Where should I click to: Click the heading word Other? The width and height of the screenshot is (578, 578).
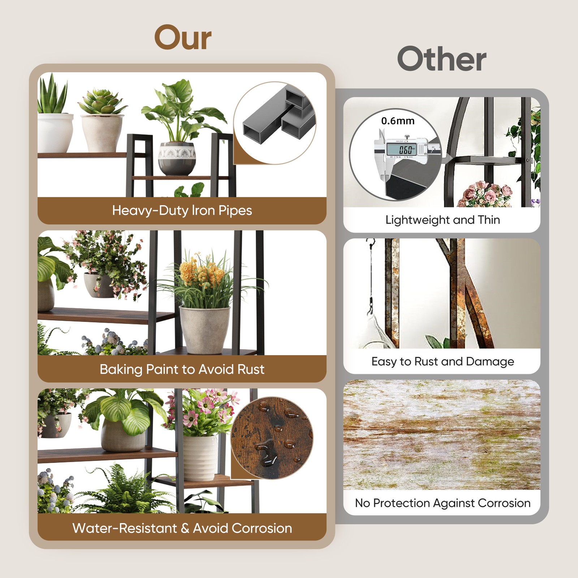click(x=441, y=59)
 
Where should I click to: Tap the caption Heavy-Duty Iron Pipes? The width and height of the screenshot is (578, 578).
click(x=182, y=210)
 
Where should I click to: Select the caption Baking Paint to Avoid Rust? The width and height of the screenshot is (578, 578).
click(x=182, y=369)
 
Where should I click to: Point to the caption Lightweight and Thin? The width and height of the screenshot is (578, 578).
click(x=443, y=220)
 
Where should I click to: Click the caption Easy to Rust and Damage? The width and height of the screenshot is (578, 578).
click(x=443, y=361)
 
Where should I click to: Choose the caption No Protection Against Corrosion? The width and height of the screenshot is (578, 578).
click(x=443, y=503)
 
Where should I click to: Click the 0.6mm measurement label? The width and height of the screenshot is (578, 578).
click(x=398, y=121)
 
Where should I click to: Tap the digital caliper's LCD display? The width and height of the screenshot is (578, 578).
click(x=401, y=149)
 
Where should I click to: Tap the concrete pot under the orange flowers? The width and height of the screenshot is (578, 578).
click(x=204, y=329)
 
